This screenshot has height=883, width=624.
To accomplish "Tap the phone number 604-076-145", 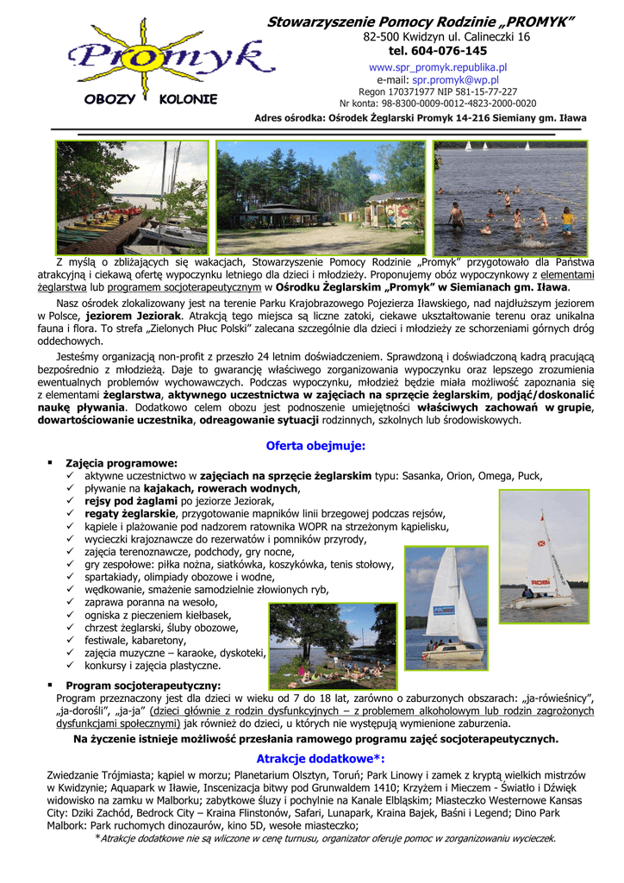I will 438,51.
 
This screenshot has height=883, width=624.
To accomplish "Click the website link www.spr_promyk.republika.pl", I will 438,66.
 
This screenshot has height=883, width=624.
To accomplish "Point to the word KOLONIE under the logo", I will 188,99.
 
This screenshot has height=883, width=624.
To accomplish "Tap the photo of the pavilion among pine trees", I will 320,197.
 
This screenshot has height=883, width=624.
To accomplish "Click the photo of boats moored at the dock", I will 132,197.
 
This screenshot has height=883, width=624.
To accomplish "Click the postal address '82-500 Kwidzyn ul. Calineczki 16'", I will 446,37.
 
